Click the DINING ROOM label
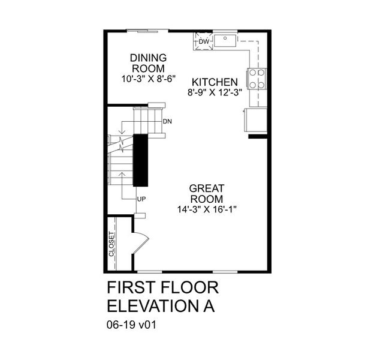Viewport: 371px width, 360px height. tap(148, 63)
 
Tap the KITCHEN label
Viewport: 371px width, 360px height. tap(215, 82)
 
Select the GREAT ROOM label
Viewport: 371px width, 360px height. tap(206, 194)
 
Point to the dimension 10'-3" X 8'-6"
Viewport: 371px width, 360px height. tap(148, 78)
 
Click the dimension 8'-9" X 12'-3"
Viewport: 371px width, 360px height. tap(215, 93)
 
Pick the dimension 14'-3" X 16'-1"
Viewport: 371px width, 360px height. tap(206, 209)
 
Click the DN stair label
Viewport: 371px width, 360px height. tap(167, 122)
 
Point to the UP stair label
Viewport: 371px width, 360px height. tap(141, 199)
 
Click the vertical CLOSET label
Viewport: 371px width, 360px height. tap(111, 244)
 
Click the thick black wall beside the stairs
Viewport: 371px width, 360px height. tap(140, 160)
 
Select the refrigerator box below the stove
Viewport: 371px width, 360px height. tap(255, 120)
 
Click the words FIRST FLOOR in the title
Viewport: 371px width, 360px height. tap(154, 287)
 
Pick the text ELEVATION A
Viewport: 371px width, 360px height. tap(161, 306)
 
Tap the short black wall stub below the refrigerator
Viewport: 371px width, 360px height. tap(257, 137)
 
